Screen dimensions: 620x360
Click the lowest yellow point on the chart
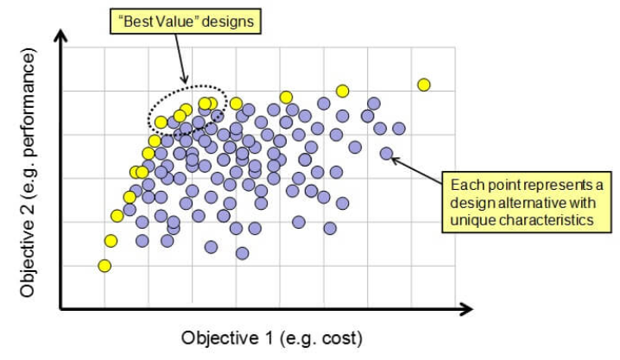click(x=104, y=266)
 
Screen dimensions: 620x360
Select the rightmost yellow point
click(x=424, y=85)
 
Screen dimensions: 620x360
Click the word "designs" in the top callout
click(x=227, y=22)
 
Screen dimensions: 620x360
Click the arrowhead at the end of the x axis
click(x=466, y=309)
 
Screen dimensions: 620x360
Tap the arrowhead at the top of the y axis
click(x=60, y=35)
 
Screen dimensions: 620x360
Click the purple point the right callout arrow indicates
click(x=386, y=154)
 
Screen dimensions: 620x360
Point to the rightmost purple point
click(x=399, y=129)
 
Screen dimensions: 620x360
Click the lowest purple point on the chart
click(x=243, y=253)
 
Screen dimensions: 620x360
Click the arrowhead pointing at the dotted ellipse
click(x=185, y=79)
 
